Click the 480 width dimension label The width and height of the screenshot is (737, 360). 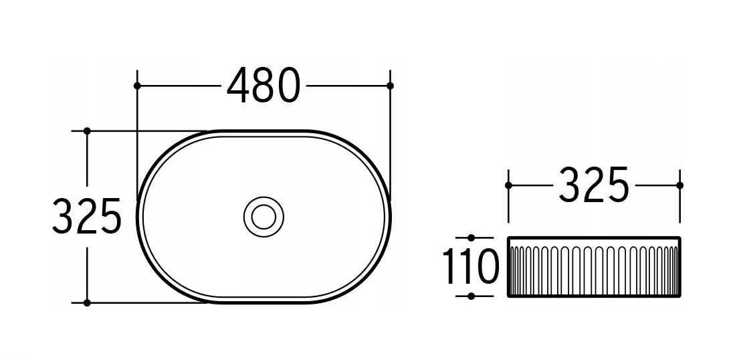click(x=264, y=85)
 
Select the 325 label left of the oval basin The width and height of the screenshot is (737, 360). click(x=87, y=216)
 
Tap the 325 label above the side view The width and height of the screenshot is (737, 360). click(x=594, y=185)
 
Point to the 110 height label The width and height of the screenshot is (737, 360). click(x=471, y=266)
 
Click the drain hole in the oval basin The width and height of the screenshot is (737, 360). click(x=264, y=217)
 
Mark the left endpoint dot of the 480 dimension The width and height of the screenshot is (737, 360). click(x=137, y=86)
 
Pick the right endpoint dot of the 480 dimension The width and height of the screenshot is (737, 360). click(x=390, y=86)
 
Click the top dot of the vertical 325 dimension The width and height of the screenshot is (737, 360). click(x=87, y=130)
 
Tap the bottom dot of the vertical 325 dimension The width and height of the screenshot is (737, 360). click(x=87, y=302)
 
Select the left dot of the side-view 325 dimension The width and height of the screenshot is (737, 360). click(x=508, y=185)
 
